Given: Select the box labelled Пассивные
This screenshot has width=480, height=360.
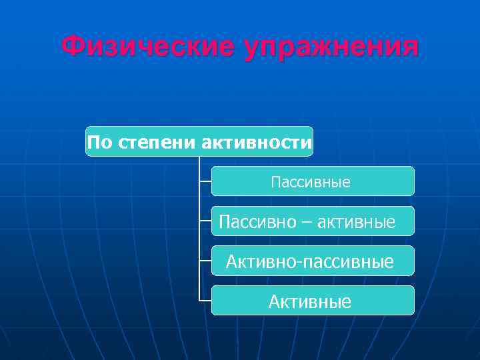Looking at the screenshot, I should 312,181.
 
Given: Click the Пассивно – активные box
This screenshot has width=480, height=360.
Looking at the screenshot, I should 312,221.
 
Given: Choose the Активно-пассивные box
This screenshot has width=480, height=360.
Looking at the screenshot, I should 312,261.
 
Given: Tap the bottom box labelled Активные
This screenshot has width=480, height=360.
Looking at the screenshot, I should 312,301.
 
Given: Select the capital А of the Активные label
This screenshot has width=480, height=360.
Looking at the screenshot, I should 274,302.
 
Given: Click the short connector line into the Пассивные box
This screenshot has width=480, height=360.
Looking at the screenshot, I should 205,181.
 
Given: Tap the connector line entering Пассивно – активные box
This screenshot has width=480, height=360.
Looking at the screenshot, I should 205,221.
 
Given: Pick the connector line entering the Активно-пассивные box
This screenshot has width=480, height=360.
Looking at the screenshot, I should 205,261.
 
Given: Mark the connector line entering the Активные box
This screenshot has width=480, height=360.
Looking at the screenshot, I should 205,301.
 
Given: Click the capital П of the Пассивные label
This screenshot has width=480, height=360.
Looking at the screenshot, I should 275,182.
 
